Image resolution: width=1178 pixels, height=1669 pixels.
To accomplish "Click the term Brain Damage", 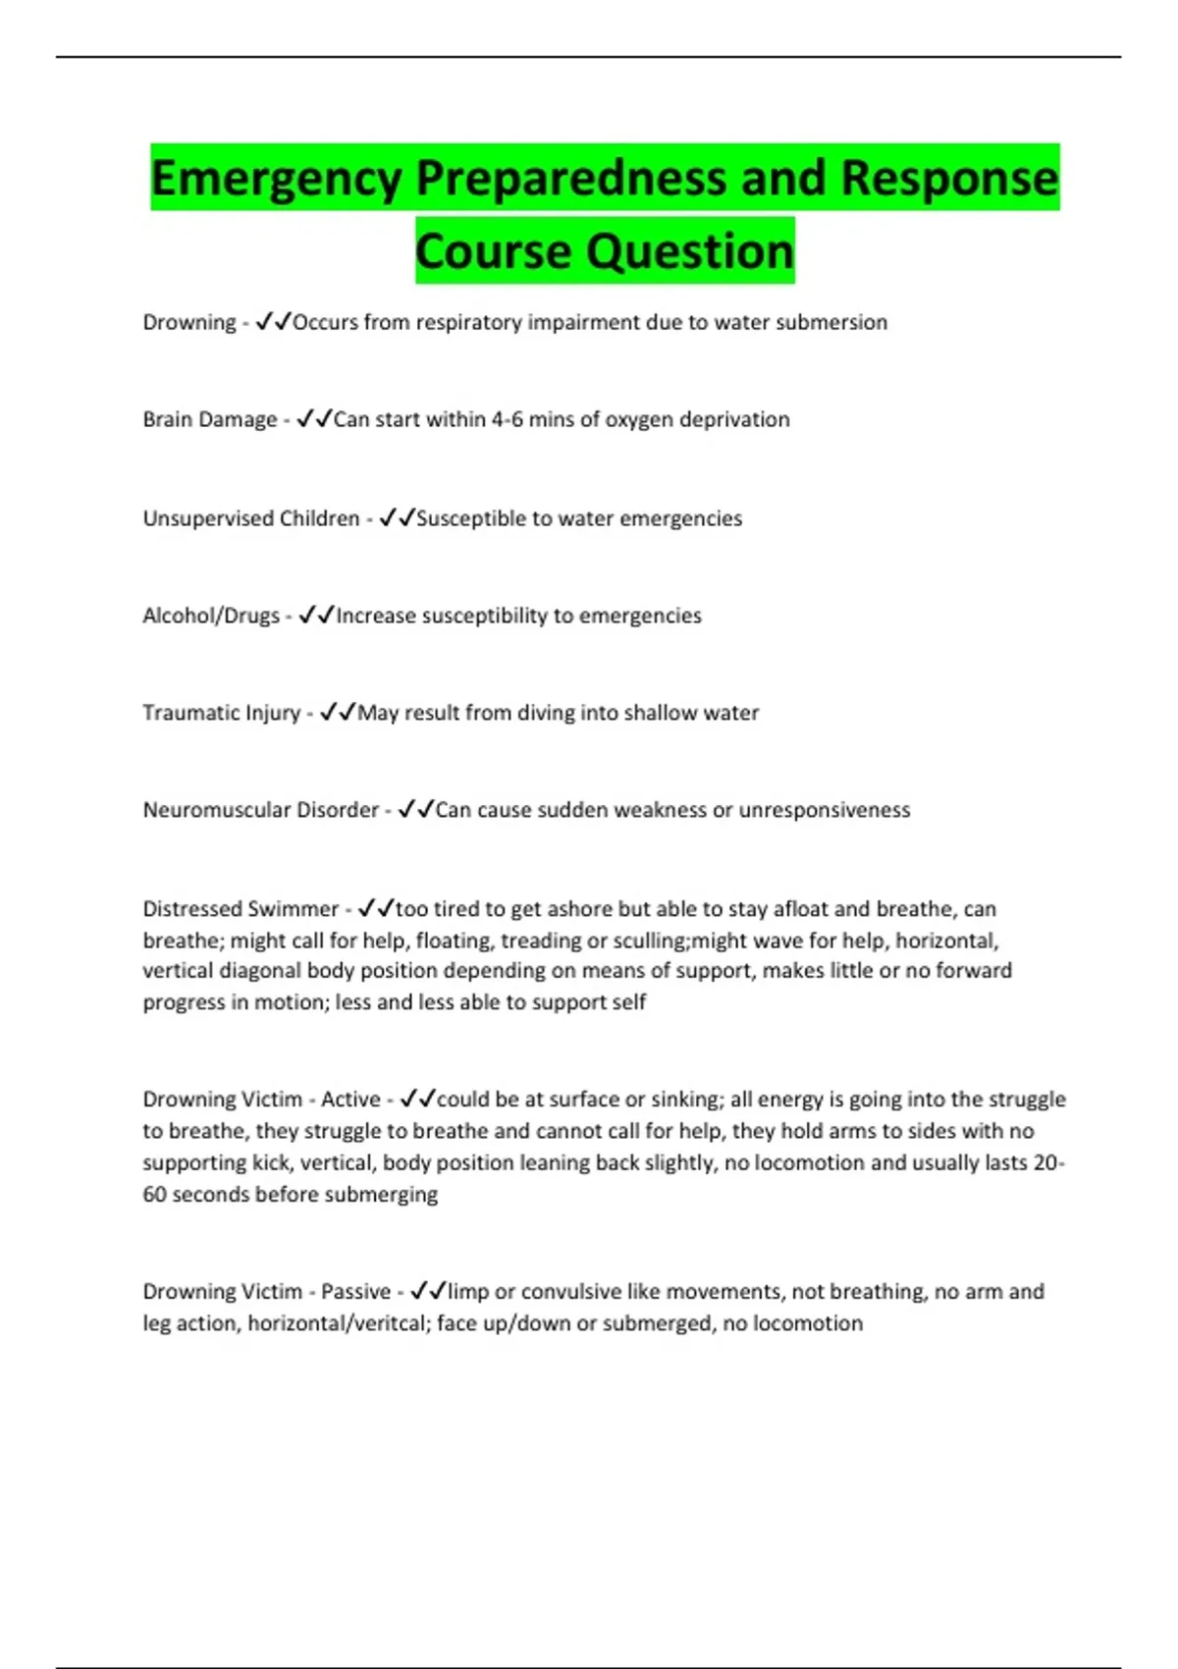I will coord(210,419).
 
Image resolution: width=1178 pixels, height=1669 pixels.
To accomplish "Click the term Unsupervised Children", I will coord(251,518).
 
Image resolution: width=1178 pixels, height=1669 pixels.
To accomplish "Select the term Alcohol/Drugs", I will coord(211,616).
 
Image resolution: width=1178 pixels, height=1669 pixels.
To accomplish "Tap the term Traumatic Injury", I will coord(222,713).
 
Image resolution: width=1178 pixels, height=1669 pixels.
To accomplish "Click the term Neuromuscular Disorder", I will coord(261,810).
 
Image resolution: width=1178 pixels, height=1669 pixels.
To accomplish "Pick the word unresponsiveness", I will coord(825,810).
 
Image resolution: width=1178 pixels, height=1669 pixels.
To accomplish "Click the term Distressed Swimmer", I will coord(241,909).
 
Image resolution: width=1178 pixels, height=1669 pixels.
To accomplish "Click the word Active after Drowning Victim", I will coord(350,1100).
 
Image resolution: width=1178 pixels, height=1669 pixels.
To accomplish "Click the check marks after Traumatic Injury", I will coord(337,712).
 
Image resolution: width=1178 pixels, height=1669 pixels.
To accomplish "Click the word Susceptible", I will coord(471,518).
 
